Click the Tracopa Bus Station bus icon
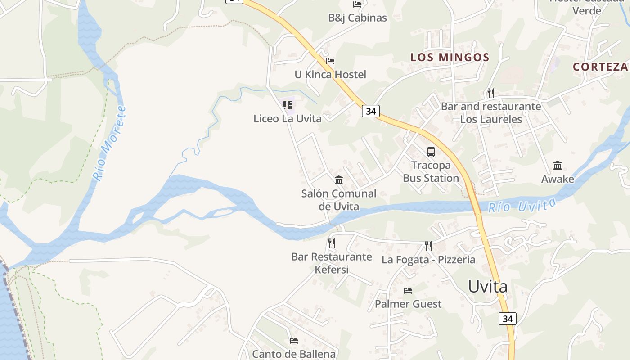(x=431, y=152)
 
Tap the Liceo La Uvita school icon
(x=288, y=105)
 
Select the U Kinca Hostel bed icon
(x=330, y=61)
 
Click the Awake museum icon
(x=558, y=166)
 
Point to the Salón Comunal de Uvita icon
(x=339, y=180)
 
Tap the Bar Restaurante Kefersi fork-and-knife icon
(x=331, y=243)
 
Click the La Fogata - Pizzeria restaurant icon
(x=428, y=246)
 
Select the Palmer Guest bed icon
(x=408, y=291)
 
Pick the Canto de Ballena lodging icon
(x=294, y=341)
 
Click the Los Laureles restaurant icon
(x=490, y=93)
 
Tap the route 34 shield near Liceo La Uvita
(x=370, y=111)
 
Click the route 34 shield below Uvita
(x=507, y=319)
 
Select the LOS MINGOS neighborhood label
(x=450, y=57)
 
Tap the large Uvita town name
(x=488, y=286)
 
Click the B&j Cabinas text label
(x=357, y=18)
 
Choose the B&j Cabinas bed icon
(x=357, y=4)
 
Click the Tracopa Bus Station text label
(x=431, y=171)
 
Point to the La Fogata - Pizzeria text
(x=428, y=260)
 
